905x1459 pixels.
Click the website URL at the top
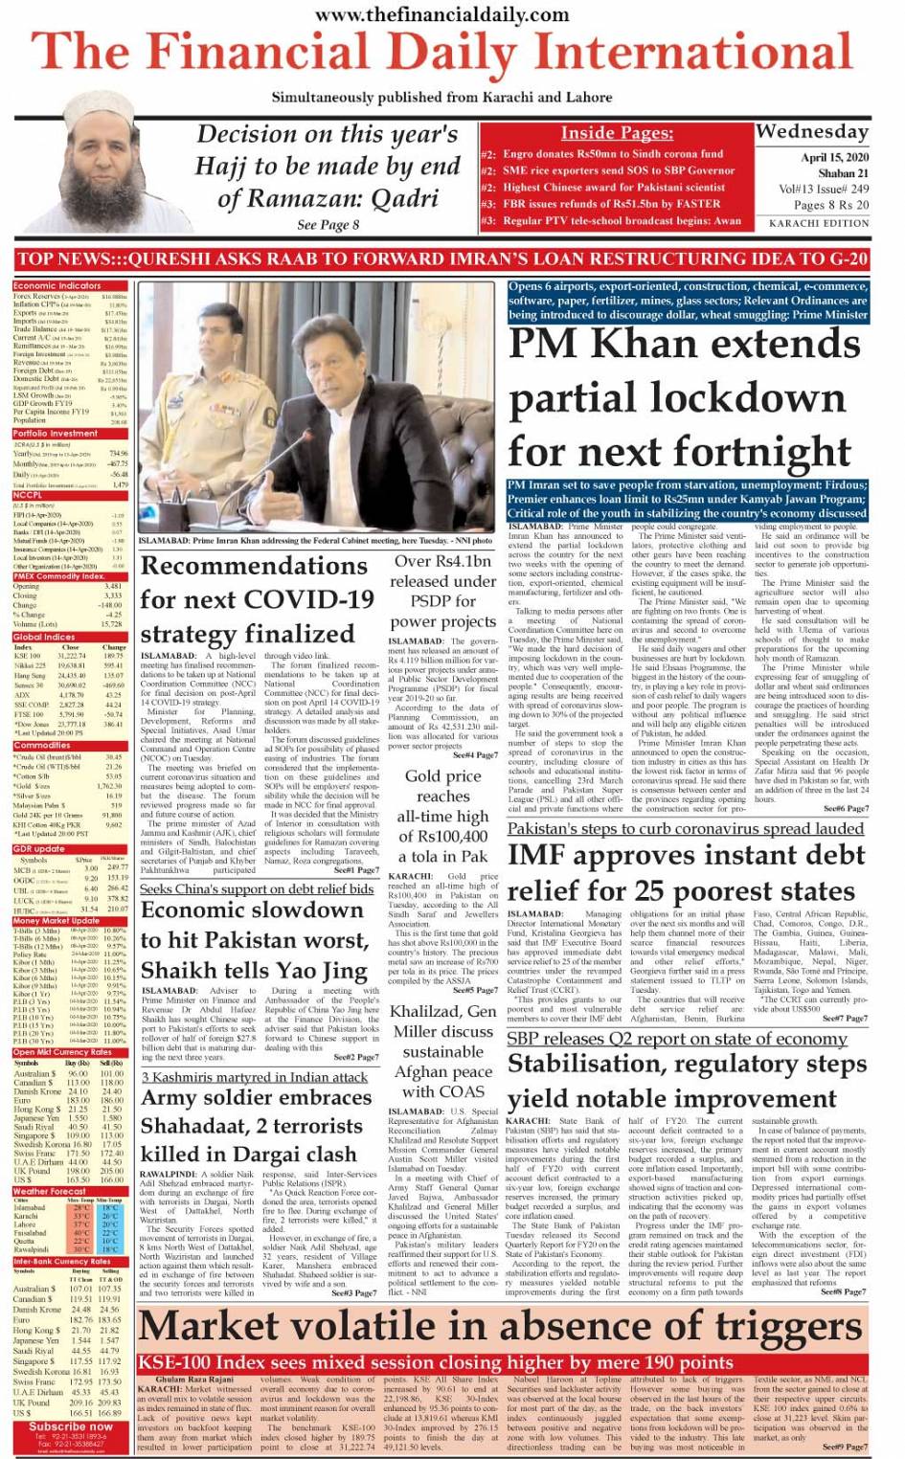coord(441,14)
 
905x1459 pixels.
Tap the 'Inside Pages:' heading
coord(616,133)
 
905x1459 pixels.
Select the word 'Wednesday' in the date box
coord(812,131)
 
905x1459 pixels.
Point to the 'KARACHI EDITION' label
coord(819,223)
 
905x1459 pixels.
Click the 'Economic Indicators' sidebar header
coord(57,285)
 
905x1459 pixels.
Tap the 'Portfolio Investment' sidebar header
coord(56,434)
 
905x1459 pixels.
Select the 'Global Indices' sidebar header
coord(45,637)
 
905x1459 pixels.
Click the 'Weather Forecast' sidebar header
coord(49,1192)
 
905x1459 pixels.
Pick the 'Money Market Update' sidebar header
coord(57,921)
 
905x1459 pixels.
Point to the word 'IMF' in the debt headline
coord(543,855)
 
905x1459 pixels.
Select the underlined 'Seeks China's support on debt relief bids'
coord(257,888)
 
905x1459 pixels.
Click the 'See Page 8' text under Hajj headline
coord(328,225)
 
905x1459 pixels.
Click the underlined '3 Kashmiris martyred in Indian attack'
coord(255,1077)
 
